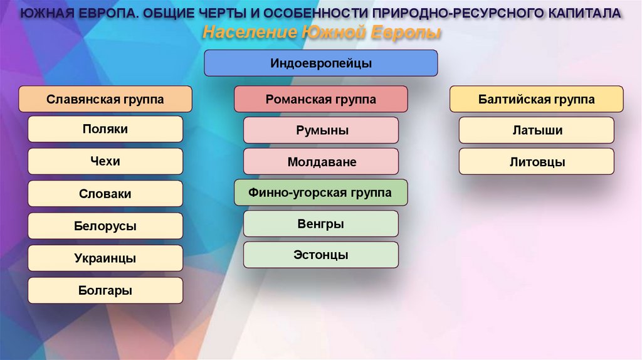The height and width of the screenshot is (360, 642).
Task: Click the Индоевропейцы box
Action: tap(321, 63)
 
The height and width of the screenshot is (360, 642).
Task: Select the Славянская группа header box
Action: tap(105, 99)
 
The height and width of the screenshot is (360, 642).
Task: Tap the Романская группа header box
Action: tap(321, 99)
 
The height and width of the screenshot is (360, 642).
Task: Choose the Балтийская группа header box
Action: tap(537, 99)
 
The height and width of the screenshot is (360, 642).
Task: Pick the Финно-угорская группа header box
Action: tap(321, 193)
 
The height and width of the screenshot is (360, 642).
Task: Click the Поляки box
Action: tap(105, 129)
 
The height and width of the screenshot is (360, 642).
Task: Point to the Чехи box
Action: tap(105, 161)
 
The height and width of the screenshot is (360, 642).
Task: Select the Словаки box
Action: tap(105, 194)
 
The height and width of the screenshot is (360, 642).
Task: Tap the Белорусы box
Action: tap(105, 226)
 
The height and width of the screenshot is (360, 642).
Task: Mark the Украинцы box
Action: tap(105, 258)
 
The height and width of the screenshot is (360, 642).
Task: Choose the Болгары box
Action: tap(105, 290)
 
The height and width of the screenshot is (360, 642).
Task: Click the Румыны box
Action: tap(321, 130)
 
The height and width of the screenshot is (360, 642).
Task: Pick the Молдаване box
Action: tap(321, 162)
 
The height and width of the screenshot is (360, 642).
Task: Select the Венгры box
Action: tap(321, 224)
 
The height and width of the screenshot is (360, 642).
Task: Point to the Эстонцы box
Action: tap(321, 255)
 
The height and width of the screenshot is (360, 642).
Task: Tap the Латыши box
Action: tap(537, 130)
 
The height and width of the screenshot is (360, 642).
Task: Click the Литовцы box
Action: tap(537, 162)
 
